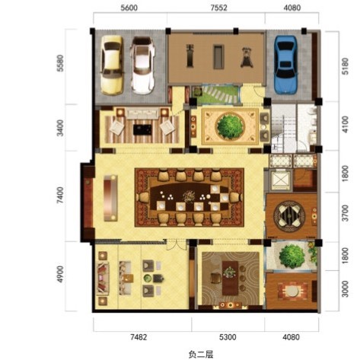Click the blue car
click(x=285, y=65)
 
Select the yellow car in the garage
click(x=112, y=65)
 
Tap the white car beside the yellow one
click(x=142, y=65)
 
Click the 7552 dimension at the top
click(x=218, y=8)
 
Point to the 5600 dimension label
click(x=129, y=8)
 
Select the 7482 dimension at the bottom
click(x=139, y=337)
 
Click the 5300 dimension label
click(x=228, y=337)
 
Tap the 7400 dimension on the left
click(x=61, y=196)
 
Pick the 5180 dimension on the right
click(x=345, y=66)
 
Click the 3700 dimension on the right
click(x=345, y=213)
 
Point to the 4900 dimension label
click(x=61, y=274)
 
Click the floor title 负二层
click(x=201, y=354)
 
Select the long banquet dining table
click(x=189, y=197)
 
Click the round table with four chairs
click(x=289, y=216)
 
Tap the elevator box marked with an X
click(x=280, y=180)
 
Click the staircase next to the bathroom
click(x=284, y=128)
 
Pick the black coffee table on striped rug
click(x=142, y=129)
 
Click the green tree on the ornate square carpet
click(x=230, y=126)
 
